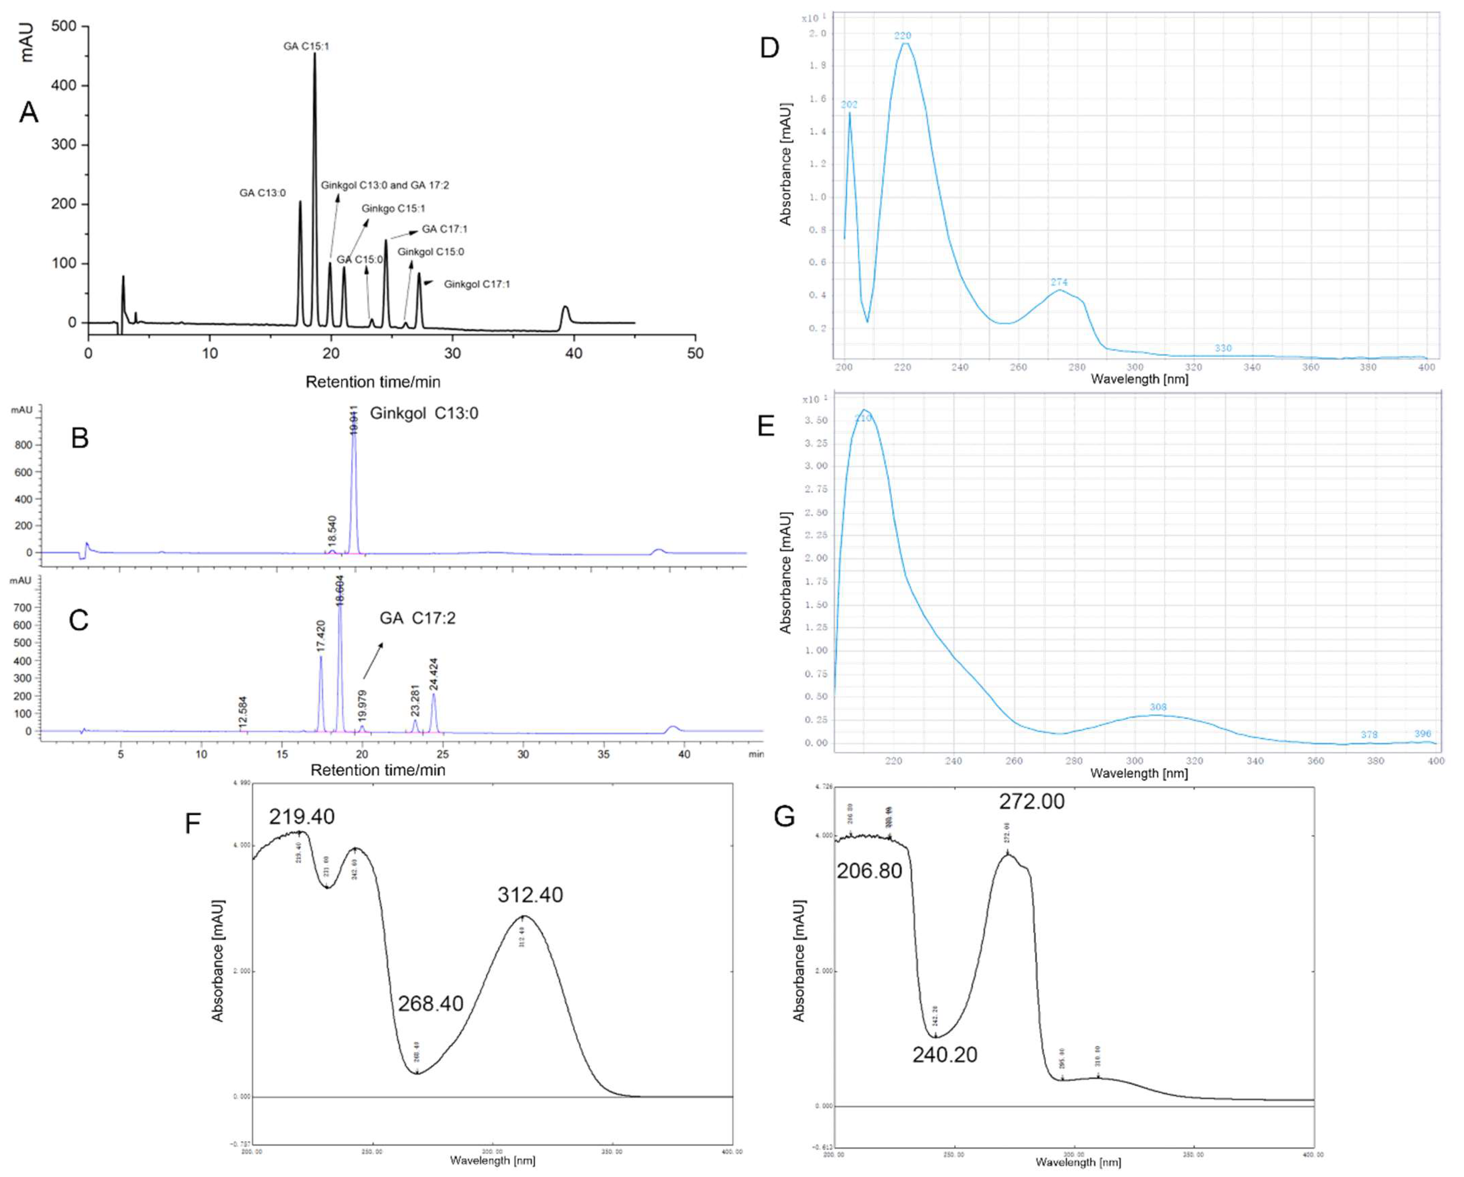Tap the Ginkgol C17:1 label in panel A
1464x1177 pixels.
tap(477, 284)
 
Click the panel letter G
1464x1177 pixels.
tap(784, 817)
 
